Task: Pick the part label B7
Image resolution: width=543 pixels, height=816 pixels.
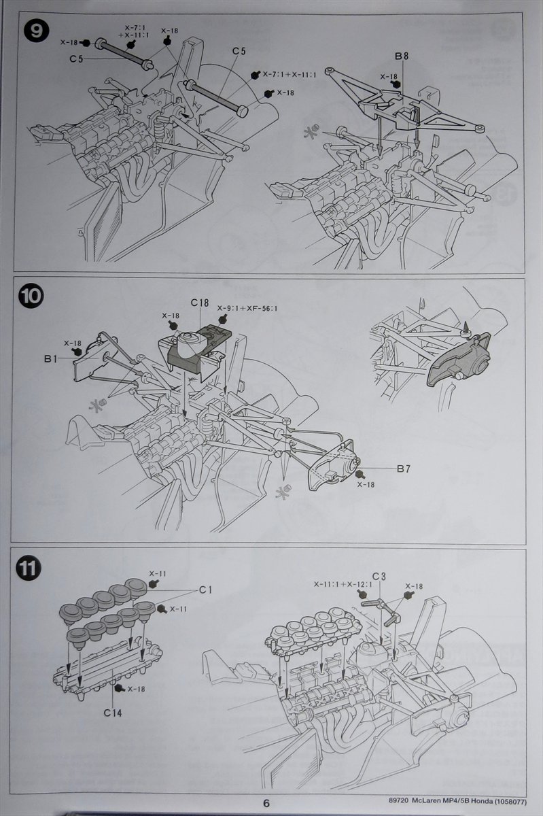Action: (403, 469)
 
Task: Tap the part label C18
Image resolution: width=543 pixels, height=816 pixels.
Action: (199, 302)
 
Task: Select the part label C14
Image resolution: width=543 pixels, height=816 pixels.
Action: (113, 713)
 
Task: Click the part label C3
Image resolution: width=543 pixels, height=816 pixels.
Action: (379, 577)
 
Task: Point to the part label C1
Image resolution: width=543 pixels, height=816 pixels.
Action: (205, 590)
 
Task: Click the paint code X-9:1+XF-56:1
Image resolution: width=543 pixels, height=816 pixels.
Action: (247, 308)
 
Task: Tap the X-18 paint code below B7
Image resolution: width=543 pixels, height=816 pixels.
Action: (366, 485)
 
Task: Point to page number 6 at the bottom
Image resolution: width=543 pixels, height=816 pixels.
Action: (267, 802)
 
